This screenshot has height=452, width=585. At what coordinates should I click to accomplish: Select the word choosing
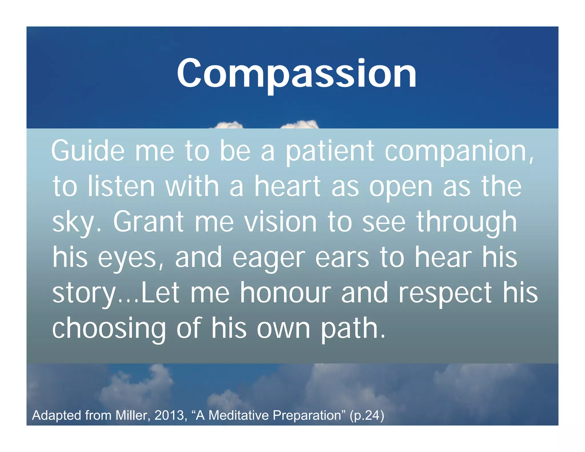[x=109, y=329]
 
